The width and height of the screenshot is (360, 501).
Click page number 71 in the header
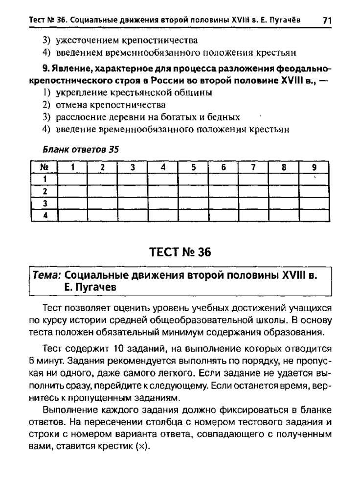pyautogui.click(x=327, y=20)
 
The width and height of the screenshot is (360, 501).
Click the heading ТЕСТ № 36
pyautogui.click(x=180, y=252)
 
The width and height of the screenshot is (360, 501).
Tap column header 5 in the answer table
pyautogui.click(x=193, y=166)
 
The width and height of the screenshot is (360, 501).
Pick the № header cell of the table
pyautogui.click(x=44, y=166)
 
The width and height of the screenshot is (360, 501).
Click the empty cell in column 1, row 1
pyautogui.click(x=72, y=179)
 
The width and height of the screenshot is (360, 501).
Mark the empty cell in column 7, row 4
pyautogui.click(x=253, y=215)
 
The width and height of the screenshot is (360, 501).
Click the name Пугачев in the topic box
pyautogui.click(x=95, y=288)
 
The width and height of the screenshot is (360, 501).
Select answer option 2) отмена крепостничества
pyautogui.click(x=104, y=105)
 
